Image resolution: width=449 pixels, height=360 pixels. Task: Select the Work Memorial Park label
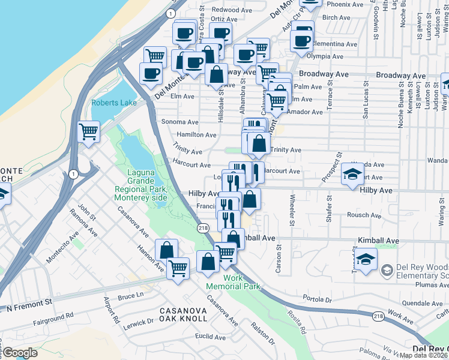(x=234, y=282)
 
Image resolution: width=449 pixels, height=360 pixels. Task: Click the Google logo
(x=20, y=353)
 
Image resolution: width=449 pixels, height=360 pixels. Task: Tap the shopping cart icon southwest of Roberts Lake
(x=88, y=131)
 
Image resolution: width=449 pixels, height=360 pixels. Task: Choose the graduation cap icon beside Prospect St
(x=352, y=175)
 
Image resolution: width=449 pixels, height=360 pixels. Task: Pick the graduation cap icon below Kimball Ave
(x=364, y=260)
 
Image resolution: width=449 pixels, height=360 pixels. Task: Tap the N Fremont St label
(x=30, y=308)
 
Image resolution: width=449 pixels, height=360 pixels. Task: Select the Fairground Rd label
(x=53, y=314)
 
